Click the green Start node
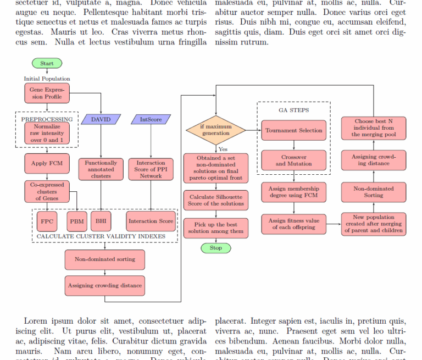point(47,63)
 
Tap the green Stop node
point(216,248)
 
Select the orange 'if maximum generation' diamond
point(216,130)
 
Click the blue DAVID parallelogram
point(101,119)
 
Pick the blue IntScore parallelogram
point(151,119)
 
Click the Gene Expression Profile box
point(46,93)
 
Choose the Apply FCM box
point(47,163)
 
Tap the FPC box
point(47,221)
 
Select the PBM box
point(77,221)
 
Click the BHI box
point(101,221)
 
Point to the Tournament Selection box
point(294,130)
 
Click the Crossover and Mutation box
point(294,160)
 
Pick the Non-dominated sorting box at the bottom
point(105,259)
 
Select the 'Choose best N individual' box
point(374,128)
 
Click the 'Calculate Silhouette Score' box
point(216,200)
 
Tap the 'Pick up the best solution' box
point(216,228)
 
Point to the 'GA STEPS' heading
point(293,110)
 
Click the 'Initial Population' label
point(47,79)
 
